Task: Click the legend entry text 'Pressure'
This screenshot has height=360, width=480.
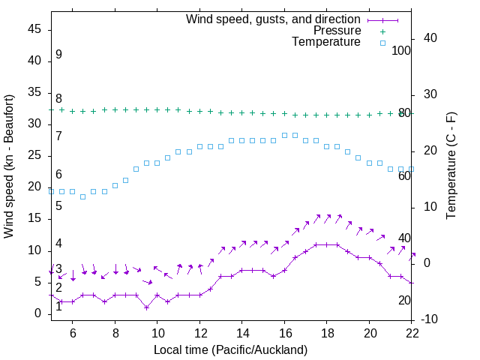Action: coord(337,31)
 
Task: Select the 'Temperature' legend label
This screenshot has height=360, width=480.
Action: coord(326,43)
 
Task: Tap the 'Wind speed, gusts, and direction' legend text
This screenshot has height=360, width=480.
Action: coord(273,19)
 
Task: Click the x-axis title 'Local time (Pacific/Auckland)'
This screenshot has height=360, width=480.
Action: coord(230,349)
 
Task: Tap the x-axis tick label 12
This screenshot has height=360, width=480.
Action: coord(200,332)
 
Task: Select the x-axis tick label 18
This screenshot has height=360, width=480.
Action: coord(327,332)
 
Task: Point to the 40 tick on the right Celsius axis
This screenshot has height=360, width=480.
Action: coord(430,38)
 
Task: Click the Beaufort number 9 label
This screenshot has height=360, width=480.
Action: coord(58,55)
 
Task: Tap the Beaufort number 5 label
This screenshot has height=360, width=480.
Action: coord(58,205)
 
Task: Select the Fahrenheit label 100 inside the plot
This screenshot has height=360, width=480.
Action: coord(401,50)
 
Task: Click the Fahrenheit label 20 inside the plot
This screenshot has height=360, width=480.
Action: coord(404,300)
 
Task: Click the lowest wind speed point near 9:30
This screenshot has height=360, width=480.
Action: coord(146,307)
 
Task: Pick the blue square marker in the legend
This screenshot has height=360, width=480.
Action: coord(382,43)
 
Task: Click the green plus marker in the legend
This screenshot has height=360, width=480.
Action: coord(382,31)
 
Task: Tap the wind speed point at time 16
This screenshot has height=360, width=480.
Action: coord(284,270)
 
